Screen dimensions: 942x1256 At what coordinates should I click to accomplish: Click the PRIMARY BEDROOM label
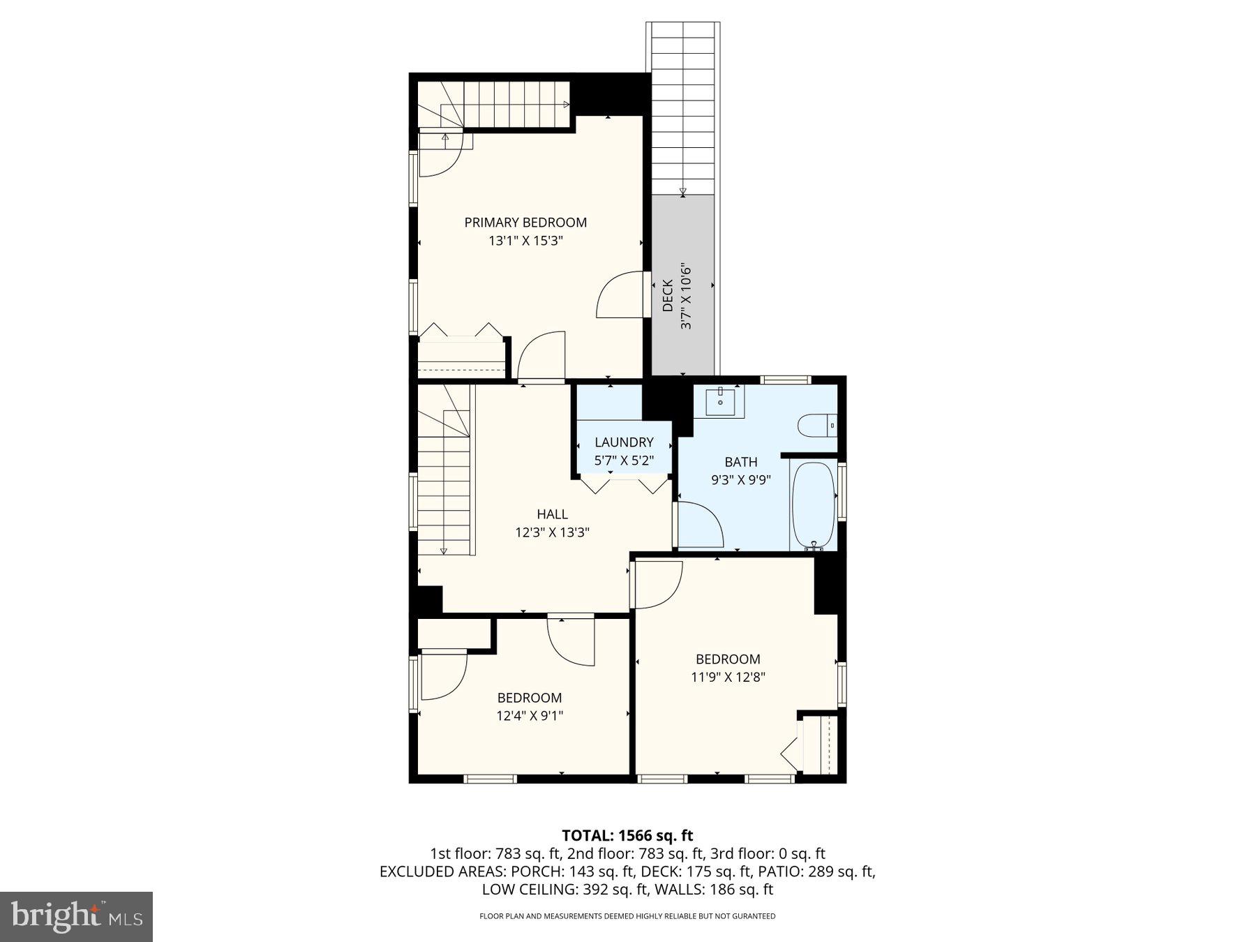click(525, 223)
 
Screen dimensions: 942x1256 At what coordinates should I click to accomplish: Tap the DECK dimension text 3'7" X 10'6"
click(686, 297)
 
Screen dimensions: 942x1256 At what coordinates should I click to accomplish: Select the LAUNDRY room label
click(624, 442)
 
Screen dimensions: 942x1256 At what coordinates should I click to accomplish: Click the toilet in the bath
click(815, 425)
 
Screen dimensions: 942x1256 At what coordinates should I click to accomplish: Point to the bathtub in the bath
click(814, 505)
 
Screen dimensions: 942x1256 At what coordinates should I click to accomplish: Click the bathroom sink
click(720, 401)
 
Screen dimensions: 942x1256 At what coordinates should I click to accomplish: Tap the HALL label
click(552, 514)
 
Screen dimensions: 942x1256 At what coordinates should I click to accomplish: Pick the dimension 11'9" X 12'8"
click(728, 677)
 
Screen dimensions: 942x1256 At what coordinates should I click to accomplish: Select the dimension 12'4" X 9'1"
click(530, 715)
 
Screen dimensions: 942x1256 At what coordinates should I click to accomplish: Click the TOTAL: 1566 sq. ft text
click(627, 835)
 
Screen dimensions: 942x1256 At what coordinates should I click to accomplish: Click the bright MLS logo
click(76, 916)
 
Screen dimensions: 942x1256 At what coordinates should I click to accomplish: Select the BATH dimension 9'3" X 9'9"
click(740, 480)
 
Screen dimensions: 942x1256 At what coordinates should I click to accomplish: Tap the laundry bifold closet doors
click(623, 484)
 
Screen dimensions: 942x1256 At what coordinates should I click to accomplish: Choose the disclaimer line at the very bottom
click(627, 916)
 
